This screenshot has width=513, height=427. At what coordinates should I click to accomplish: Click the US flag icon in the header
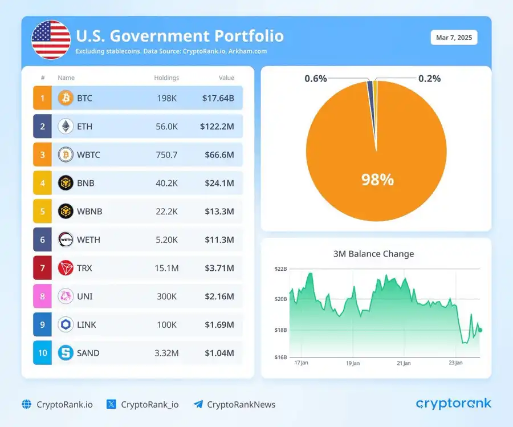point(51,40)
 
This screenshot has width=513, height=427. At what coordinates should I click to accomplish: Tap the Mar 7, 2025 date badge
point(454,38)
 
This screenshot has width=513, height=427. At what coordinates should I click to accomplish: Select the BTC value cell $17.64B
point(218,98)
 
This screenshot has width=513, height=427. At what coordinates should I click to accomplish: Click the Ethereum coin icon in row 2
point(66,127)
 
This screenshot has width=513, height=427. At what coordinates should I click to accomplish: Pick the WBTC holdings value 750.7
point(166,154)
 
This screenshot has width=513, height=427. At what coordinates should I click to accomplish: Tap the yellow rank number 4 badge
point(42,183)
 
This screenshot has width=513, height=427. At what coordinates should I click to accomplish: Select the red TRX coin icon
point(66,268)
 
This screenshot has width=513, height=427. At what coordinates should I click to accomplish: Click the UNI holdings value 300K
point(166,296)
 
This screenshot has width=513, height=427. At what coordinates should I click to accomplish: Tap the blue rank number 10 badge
point(42,353)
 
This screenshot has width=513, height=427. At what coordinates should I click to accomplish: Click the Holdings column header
point(166,78)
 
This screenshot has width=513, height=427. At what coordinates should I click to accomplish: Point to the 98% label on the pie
point(377,180)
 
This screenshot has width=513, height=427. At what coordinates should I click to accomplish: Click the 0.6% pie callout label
point(316,79)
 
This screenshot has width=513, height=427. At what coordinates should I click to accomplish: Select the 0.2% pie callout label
point(429,79)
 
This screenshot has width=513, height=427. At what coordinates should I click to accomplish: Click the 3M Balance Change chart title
point(373,254)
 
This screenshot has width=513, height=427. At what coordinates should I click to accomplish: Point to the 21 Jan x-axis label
point(404,363)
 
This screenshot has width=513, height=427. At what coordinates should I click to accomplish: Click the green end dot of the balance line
point(480,330)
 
